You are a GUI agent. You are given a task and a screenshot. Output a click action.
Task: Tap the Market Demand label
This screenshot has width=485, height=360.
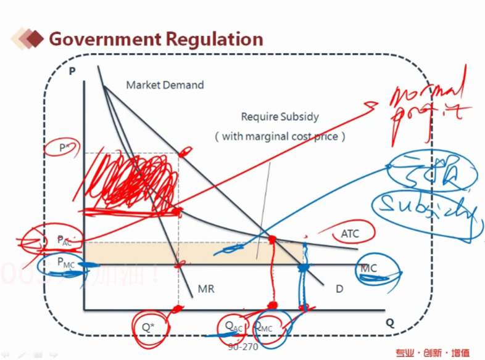pyautogui.click(x=165, y=85)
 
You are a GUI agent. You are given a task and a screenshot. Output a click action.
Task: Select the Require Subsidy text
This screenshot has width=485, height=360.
pyautogui.click(x=280, y=117)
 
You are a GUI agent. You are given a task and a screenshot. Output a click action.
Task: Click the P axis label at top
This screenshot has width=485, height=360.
pyautogui.click(x=72, y=70)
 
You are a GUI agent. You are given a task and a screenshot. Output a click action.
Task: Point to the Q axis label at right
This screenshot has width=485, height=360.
pyautogui.click(x=389, y=322)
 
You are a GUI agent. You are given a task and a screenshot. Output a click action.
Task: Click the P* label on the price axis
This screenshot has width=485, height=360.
pyautogui.click(x=64, y=147)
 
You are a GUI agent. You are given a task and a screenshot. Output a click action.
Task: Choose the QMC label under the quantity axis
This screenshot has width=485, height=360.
pyautogui.click(x=263, y=327)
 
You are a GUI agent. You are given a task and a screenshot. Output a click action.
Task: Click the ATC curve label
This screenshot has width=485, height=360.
pyautogui.click(x=349, y=234)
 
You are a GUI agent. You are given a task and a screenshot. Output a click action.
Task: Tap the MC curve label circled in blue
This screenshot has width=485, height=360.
pyautogui.click(x=368, y=269)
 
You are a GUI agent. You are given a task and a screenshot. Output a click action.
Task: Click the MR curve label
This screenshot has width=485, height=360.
pyautogui.click(x=205, y=288)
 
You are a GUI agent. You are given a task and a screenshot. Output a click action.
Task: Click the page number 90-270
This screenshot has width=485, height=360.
pyautogui.click(x=243, y=346)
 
